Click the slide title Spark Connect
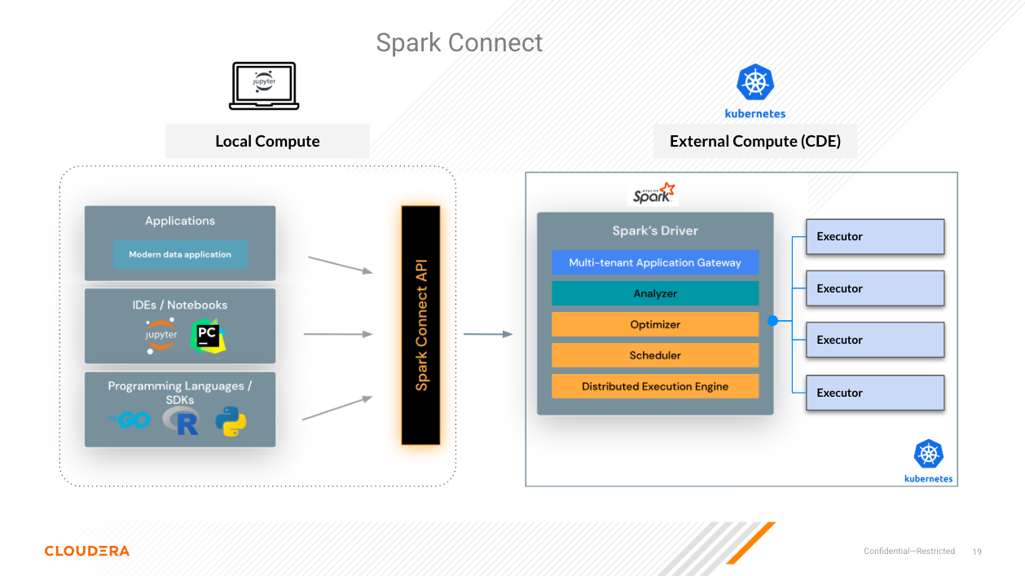click(x=459, y=42)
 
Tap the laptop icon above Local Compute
click(x=264, y=86)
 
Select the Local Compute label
click(x=267, y=141)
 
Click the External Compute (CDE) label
click(x=754, y=141)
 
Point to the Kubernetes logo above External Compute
click(x=754, y=83)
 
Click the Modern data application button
click(x=180, y=254)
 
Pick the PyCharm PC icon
click(x=209, y=336)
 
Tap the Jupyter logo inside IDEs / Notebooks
click(x=161, y=336)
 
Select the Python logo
click(x=231, y=421)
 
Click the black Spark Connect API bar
click(x=420, y=325)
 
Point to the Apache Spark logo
click(x=654, y=194)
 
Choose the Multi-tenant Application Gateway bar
click(x=655, y=262)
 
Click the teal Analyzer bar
click(x=655, y=293)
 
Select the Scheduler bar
click(x=655, y=355)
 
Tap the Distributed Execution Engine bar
click(x=655, y=386)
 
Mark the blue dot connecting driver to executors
click(x=772, y=321)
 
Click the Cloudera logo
click(x=86, y=551)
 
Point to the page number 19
click(x=977, y=552)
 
